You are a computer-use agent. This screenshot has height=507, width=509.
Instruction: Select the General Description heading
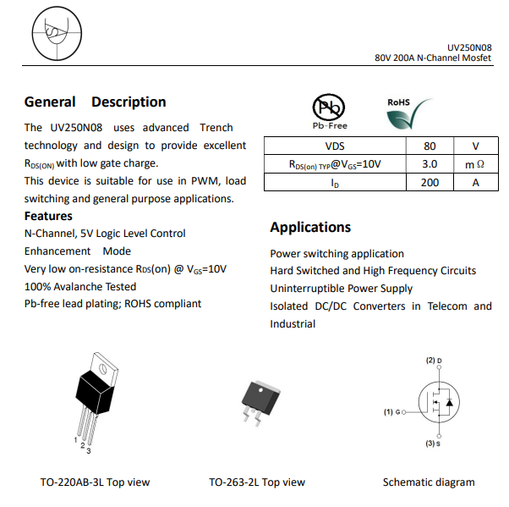click(x=95, y=102)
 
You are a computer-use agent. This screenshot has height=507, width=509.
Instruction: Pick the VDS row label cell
click(x=335, y=146)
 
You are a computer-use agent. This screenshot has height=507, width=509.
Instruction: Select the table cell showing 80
click(x=430, y=146)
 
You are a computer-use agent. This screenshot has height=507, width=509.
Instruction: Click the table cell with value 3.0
click(x=430, y=164)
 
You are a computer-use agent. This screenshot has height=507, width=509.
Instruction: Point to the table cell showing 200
click(x=430, y=183)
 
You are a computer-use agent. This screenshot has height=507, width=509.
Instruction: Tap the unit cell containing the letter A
click(x=475, y=183)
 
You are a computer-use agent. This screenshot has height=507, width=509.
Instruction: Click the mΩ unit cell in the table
click(x=475, y=164)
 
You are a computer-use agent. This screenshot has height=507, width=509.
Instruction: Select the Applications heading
click(x=310, y=227)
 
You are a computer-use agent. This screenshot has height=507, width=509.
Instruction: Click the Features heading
click(x=48, y=216)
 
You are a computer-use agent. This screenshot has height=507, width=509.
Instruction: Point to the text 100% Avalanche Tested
click(x=80, y=286)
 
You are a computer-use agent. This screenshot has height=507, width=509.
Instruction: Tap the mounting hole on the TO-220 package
click(x=101, y=367)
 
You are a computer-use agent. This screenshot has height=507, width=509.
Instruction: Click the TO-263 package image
click(x=259, y=398)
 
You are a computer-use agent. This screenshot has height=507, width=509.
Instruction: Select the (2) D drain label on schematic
click(x=434, y=361)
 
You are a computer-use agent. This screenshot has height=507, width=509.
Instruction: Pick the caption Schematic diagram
click(x=429, y=482)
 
